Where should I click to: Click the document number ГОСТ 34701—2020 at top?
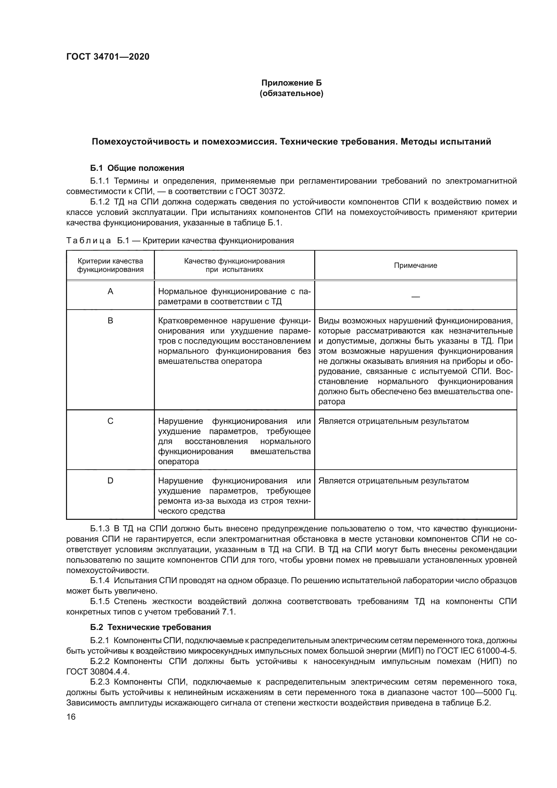click(108, 57)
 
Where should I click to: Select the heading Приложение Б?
click(292, 83)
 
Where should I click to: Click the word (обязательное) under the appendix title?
click(292, 93)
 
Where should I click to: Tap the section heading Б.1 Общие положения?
click(137, 168)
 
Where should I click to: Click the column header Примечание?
click(415, 265)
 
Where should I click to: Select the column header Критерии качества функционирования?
click(110, 265)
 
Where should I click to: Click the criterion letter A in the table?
click(110, 292)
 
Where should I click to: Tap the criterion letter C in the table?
click(110, 421)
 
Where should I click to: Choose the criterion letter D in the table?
click(110, 481)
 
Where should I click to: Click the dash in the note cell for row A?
click(415, 296)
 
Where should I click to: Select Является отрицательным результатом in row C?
click(393, 421)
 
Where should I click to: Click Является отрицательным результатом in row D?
click(393, 481)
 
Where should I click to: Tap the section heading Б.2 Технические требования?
click(151, 627)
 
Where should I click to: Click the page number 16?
click(71, 717)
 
